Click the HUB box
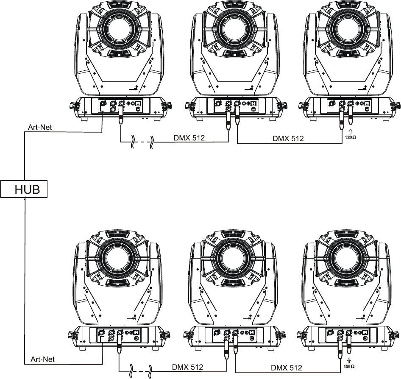click(24, 189)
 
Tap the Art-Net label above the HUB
click(40, 127)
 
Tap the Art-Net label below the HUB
click(43, 359)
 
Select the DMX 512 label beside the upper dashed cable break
click(189, 138)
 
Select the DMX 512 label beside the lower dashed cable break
click(187, 367)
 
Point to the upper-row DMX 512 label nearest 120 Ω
click(288, 138)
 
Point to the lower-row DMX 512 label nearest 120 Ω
click(287, 368)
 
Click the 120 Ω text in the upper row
click(351, 137)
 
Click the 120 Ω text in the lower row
click(349, 367)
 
